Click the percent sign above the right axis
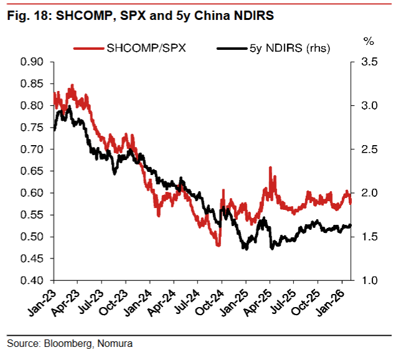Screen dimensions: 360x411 point(368,42)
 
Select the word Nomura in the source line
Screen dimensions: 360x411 point(116,343)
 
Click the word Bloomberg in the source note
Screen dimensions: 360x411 point(69,343)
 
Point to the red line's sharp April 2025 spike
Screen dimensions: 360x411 point(270,168)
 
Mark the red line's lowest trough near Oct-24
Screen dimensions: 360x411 point(219,245)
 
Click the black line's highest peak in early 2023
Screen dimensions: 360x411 point(68,107)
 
